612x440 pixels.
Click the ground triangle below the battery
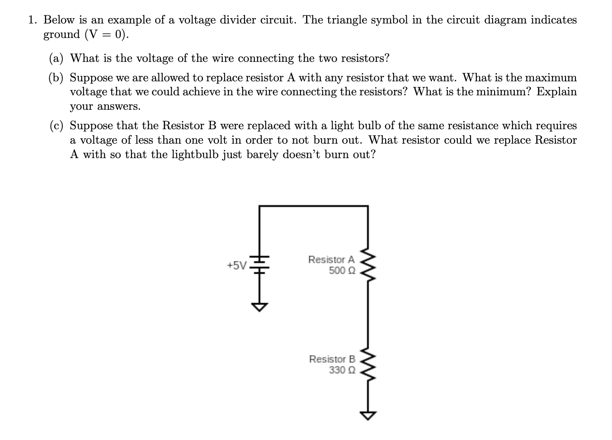tap(259, 307)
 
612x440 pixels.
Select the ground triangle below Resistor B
tap(367, 415)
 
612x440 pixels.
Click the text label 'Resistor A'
tap(331, 260)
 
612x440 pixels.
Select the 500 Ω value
tap(342, 271)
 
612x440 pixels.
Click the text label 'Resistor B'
tap(332, 359)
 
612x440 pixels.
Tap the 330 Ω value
tap(342, 370)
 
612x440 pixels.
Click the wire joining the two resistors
tap(367, 316)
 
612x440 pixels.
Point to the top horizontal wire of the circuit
tap(313, 206)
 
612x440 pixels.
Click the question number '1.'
tap(33, 20)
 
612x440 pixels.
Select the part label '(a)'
tap(56, 58)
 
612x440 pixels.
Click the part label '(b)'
tap(56, 78)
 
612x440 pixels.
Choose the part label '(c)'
tap(56, 126)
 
